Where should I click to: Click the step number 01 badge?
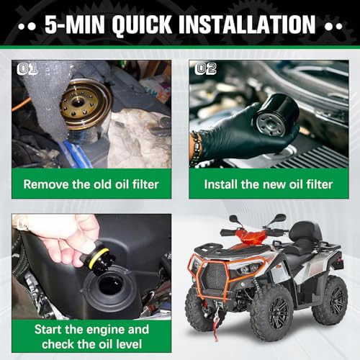[x=27, y=69]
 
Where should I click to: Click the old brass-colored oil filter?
[x=84, y=104]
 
